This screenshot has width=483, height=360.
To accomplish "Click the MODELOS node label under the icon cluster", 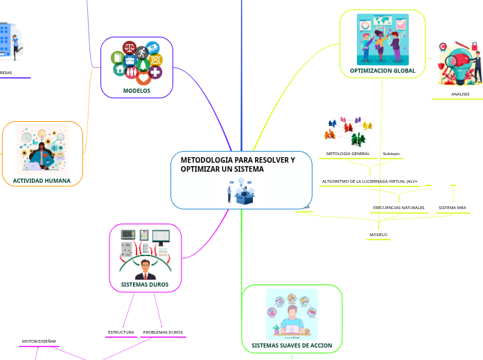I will click(137, 91).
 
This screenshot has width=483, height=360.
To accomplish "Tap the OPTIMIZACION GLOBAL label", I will click(383, 71).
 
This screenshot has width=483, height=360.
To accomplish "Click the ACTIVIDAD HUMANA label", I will click(42, 181).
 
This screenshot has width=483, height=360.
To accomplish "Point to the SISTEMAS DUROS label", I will click(145, 285).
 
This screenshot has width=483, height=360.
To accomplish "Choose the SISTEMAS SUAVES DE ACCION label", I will click(292, 345).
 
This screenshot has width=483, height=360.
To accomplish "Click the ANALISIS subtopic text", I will click(460, 94).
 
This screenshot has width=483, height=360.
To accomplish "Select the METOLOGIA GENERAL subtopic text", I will click(348, 154).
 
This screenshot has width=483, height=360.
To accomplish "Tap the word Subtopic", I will click(392, 154).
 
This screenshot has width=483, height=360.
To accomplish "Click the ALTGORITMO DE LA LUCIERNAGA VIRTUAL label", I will click(369, 181).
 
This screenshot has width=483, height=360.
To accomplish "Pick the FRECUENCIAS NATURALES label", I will click(398, 208).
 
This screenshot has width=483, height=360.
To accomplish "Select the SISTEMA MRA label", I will click(453, 208).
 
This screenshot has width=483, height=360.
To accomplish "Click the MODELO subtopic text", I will click(378, 235).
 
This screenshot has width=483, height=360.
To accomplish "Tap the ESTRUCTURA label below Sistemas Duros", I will click(121, 332).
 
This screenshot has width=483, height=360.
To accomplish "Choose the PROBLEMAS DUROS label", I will click(163, 332).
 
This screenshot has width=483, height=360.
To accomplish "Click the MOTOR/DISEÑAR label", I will click(39, 341).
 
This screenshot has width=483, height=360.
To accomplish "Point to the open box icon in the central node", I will click(245, 197).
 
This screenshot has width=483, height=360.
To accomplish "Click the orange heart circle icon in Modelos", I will click(143, 78).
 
